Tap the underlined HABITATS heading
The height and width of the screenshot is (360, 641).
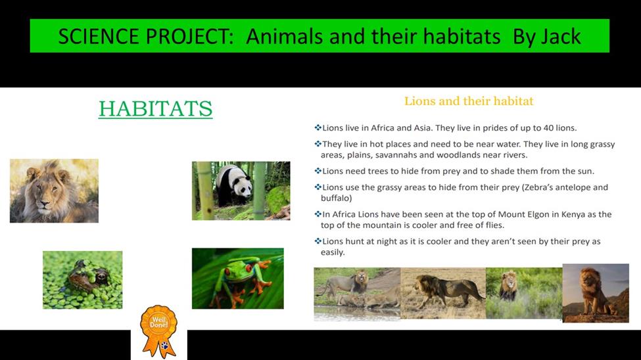(x=155, y=109)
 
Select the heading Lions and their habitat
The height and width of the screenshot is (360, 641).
(x=469, y=101)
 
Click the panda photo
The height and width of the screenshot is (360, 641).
(x=241, y=191)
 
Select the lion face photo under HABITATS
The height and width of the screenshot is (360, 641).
(x=54, y=191)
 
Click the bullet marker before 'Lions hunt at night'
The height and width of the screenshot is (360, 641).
(x=318, y=241)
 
